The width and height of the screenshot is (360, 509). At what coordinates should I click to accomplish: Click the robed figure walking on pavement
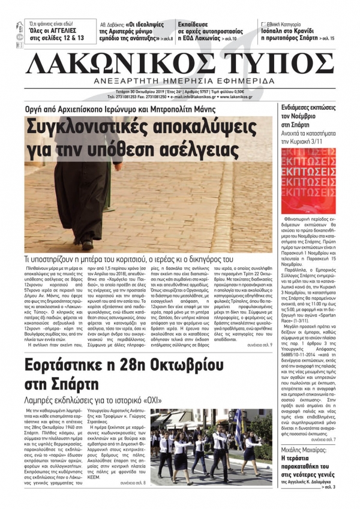[83, 192]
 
